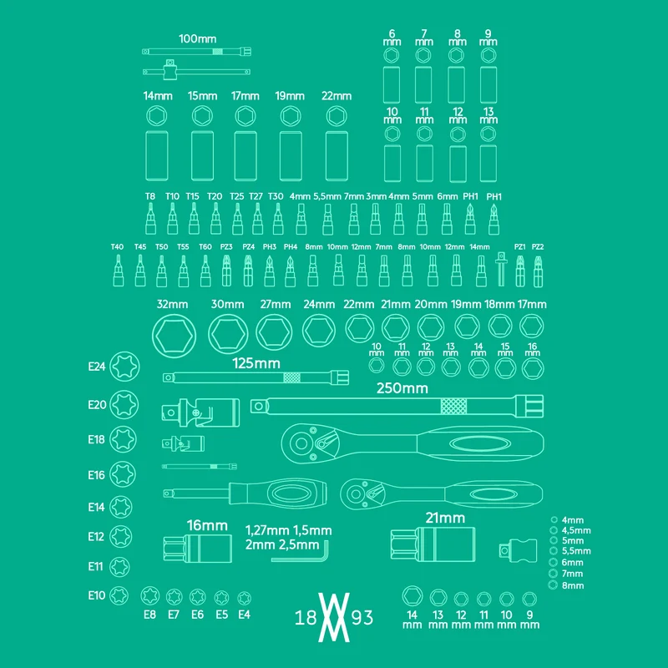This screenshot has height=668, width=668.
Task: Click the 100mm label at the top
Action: (197, 38)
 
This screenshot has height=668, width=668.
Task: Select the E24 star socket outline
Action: (124, 367)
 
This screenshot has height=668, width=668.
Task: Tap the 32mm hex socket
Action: (174, 336)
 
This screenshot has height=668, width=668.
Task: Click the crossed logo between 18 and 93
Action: (333, 617)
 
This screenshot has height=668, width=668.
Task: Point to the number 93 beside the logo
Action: (362, 617)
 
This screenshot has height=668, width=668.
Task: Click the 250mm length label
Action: (402, 388)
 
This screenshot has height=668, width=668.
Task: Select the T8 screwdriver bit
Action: (150, 219)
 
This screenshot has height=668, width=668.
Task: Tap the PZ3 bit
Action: (227, 271)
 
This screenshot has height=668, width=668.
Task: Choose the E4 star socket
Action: (244, 598)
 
